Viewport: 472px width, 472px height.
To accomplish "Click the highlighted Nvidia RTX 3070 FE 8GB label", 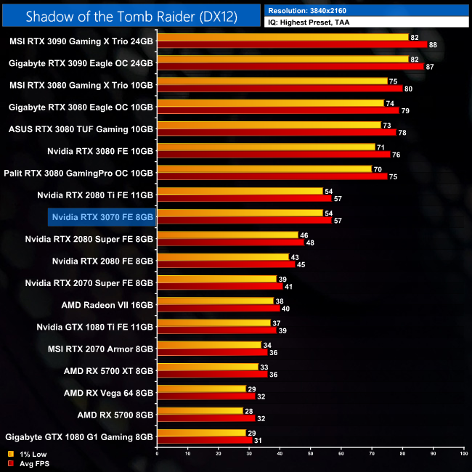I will pos(102,216).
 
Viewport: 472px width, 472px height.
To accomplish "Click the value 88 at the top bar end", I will pos(433,45).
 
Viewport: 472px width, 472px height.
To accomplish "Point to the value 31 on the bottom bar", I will pos(259,441).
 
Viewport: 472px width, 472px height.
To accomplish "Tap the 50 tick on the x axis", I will pos(311,453).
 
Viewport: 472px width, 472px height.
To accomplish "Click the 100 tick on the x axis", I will pos(463,453).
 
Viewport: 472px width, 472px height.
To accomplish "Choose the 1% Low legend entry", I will pos(28,454).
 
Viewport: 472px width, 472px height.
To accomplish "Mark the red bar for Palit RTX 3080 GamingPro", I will pos(272,176).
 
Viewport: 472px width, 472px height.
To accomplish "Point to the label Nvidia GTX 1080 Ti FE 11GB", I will pos(95,327).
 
